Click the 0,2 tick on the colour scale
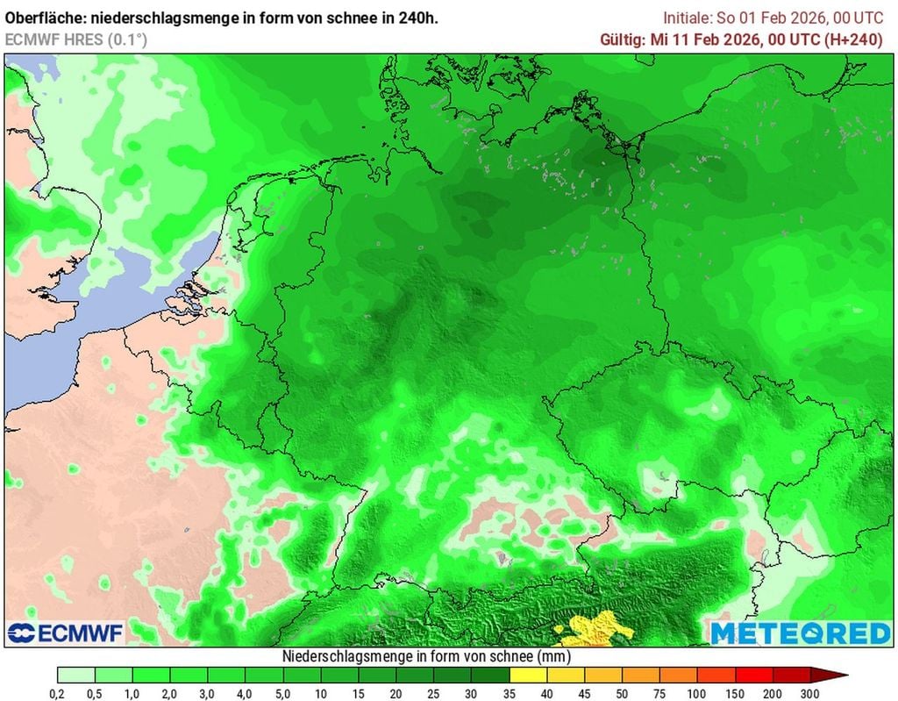coord(58,694)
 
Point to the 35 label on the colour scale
coord(510,694)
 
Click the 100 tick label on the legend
coord(697,694)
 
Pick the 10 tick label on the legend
coord(321,694)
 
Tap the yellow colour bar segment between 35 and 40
coord(528,675)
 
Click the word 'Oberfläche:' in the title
coord(43,18)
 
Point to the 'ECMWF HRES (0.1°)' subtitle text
coord(76,39)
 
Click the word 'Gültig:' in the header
coord(622,39)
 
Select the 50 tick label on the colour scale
coord(622,694)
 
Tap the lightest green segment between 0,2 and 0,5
coord(76,675)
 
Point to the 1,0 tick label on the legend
coord(132,694)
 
